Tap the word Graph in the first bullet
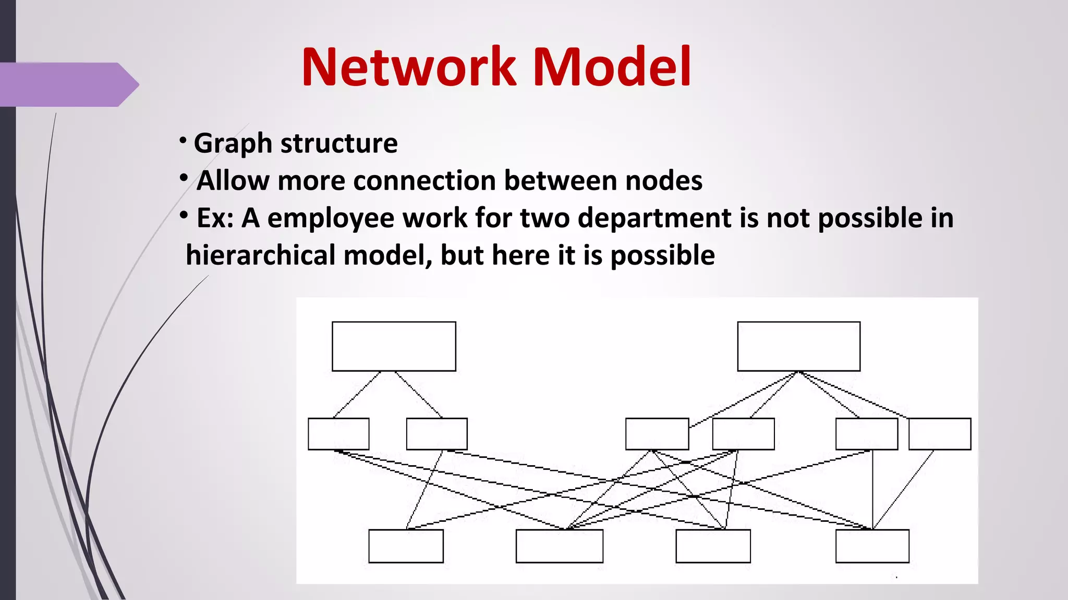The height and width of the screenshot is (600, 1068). click(233, 143)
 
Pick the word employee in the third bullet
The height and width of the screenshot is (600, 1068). click(331, 218)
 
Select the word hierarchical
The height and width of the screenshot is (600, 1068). click(261, 256)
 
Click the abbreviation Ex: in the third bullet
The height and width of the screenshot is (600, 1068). click(215, 218)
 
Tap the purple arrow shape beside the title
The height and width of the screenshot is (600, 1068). click(68, 84)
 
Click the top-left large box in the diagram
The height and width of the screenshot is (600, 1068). click(394, 346)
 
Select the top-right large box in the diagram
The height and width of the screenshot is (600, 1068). click(798, 346)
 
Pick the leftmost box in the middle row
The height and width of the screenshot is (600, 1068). click(338, 434)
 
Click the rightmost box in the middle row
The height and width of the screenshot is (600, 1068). click(940, 434)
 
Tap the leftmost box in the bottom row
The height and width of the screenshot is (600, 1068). click(406, 546)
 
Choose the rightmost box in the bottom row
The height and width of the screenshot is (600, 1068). click(872, 546)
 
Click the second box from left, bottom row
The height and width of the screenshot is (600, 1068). click(559, 546)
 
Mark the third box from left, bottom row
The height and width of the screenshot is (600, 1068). click(713, 546)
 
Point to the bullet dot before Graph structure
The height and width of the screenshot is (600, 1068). click(183, 140)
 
